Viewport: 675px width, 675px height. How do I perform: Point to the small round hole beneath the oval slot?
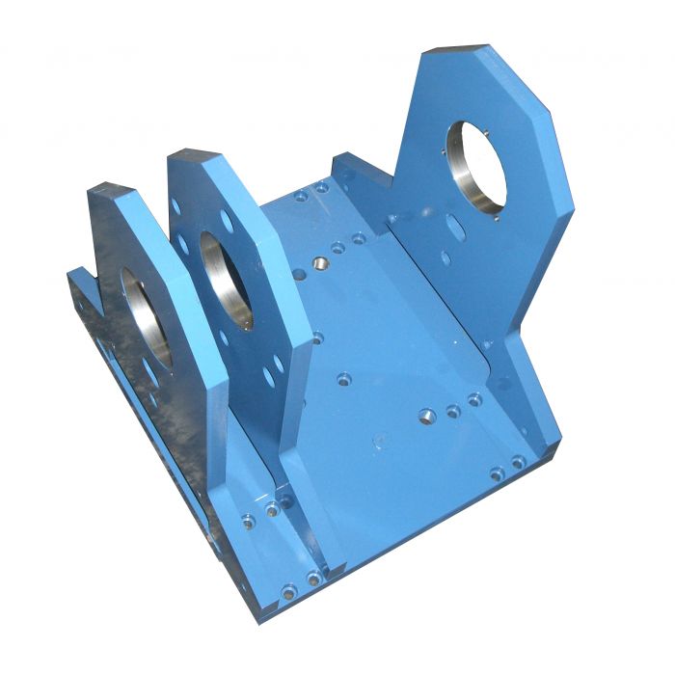(445, 257)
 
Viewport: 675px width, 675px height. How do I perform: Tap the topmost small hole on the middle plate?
(175, 206)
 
